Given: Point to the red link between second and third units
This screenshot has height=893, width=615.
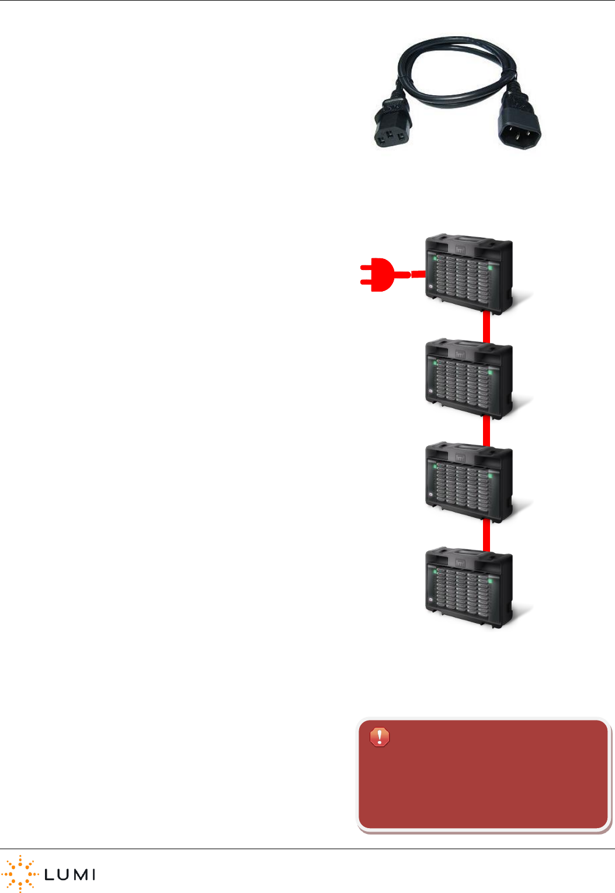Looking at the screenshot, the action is tap(486, 431).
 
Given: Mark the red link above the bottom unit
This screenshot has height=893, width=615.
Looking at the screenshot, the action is tap(486, 535).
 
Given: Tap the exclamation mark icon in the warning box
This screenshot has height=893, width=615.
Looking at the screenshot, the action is tap(380, 737).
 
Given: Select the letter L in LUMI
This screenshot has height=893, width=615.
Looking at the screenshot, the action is tap(50, 874).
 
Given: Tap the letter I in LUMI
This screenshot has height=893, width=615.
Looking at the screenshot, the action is tap(93, 874).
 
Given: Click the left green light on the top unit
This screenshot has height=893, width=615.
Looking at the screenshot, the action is tap(435, 258).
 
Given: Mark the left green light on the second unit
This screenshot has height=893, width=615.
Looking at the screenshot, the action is tap(435, 362).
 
